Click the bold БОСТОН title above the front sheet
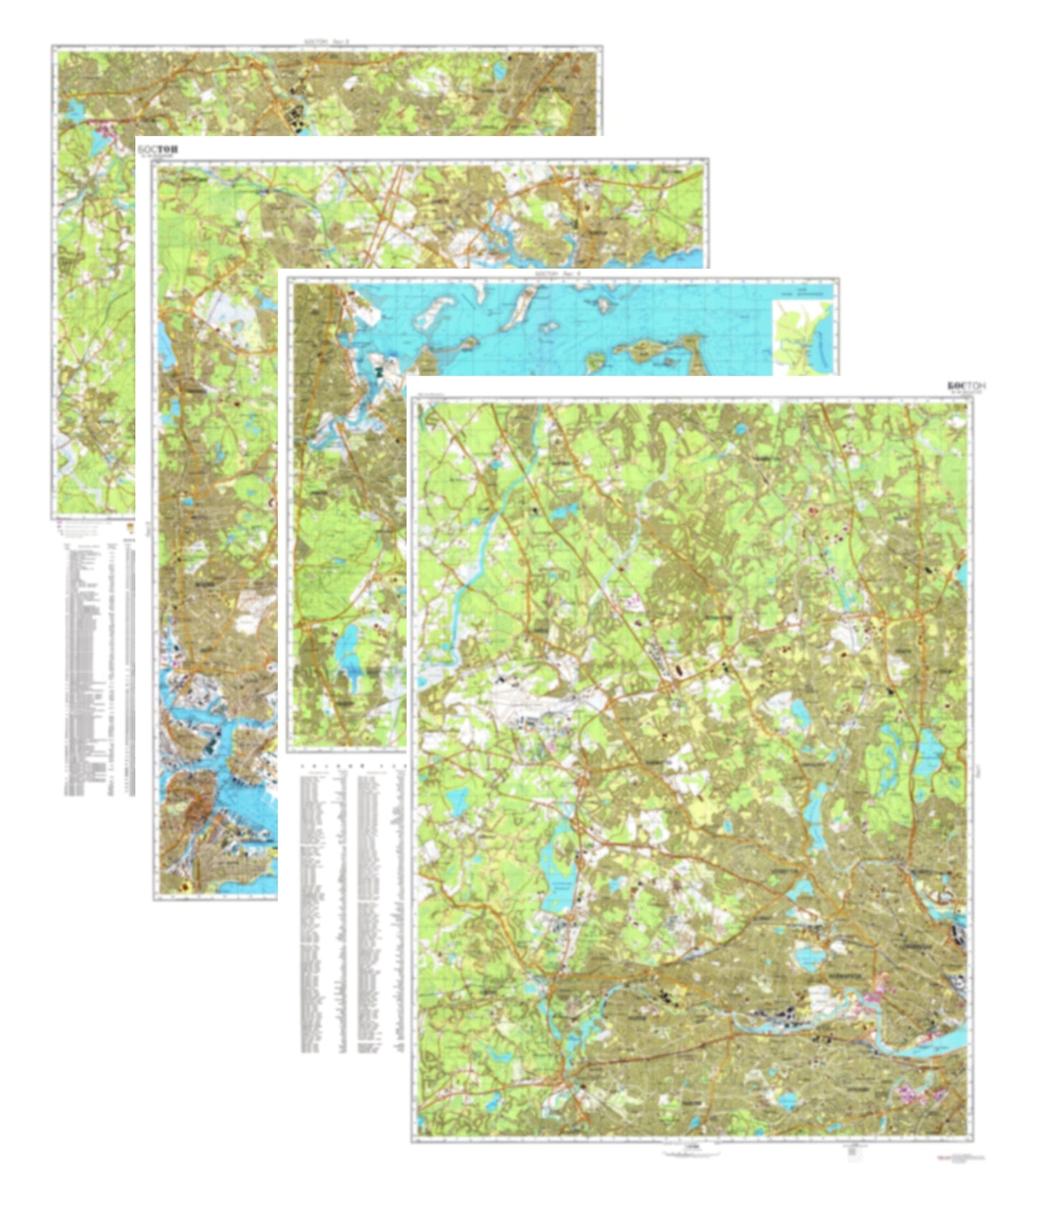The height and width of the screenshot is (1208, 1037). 966,386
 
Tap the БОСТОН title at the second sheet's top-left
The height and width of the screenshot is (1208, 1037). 158,149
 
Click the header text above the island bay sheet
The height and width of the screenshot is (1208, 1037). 563,274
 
